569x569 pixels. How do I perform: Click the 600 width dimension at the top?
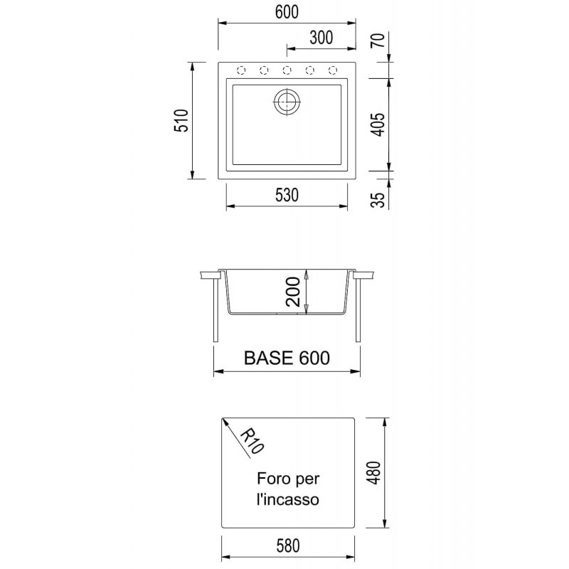(287, 12)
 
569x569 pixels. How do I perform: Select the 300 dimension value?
(321, 38)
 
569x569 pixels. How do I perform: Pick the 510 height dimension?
(181, 120)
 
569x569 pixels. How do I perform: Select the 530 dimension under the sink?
(287, 195)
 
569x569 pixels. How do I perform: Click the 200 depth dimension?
(293, 292)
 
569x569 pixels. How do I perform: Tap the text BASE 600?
(287, 358)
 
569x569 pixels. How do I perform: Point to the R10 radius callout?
(252, 441)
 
